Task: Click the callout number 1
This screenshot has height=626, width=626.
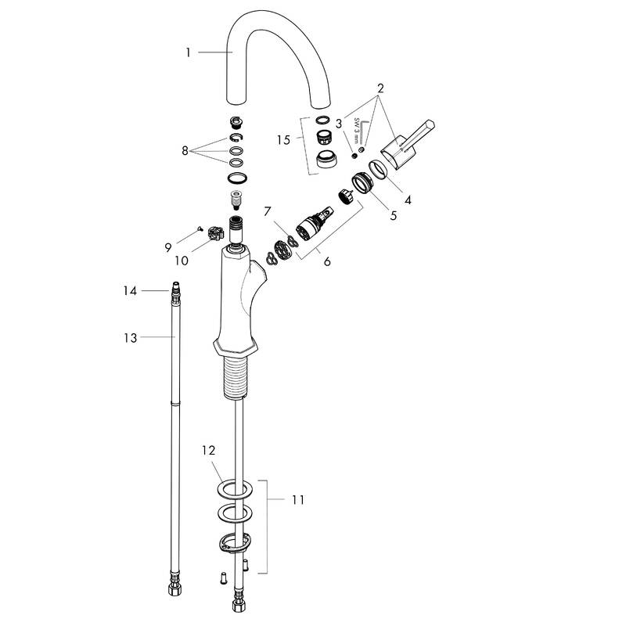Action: (189, 52)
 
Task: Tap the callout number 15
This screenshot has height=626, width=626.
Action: (283, 139)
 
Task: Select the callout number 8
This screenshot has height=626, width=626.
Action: (185, 150)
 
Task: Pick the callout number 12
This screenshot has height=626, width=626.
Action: (207, 451)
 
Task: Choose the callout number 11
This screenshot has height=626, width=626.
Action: (298, 498)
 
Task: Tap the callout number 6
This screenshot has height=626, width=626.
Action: (327, 261)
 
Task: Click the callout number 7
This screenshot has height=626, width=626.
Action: (267, 212)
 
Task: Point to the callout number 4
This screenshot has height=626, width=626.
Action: (407, 200)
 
